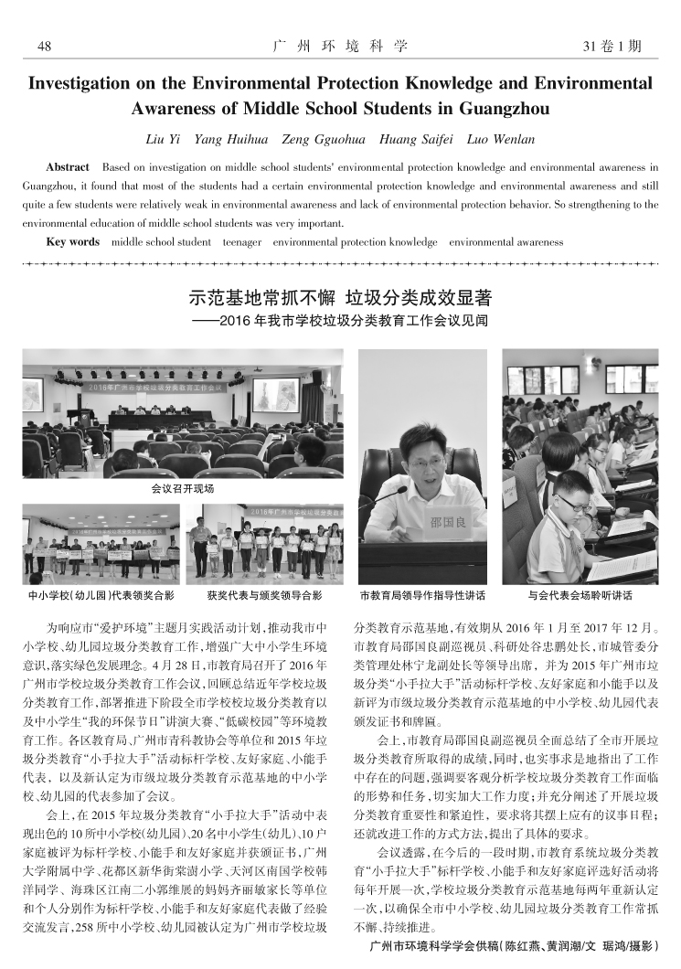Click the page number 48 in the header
43,46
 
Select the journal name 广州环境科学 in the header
340,46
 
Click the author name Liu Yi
164,140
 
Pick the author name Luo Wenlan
502,140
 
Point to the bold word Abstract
68,167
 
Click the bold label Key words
72,242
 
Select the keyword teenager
242,242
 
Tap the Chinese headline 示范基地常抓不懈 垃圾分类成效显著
340,298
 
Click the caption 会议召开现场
183,489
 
